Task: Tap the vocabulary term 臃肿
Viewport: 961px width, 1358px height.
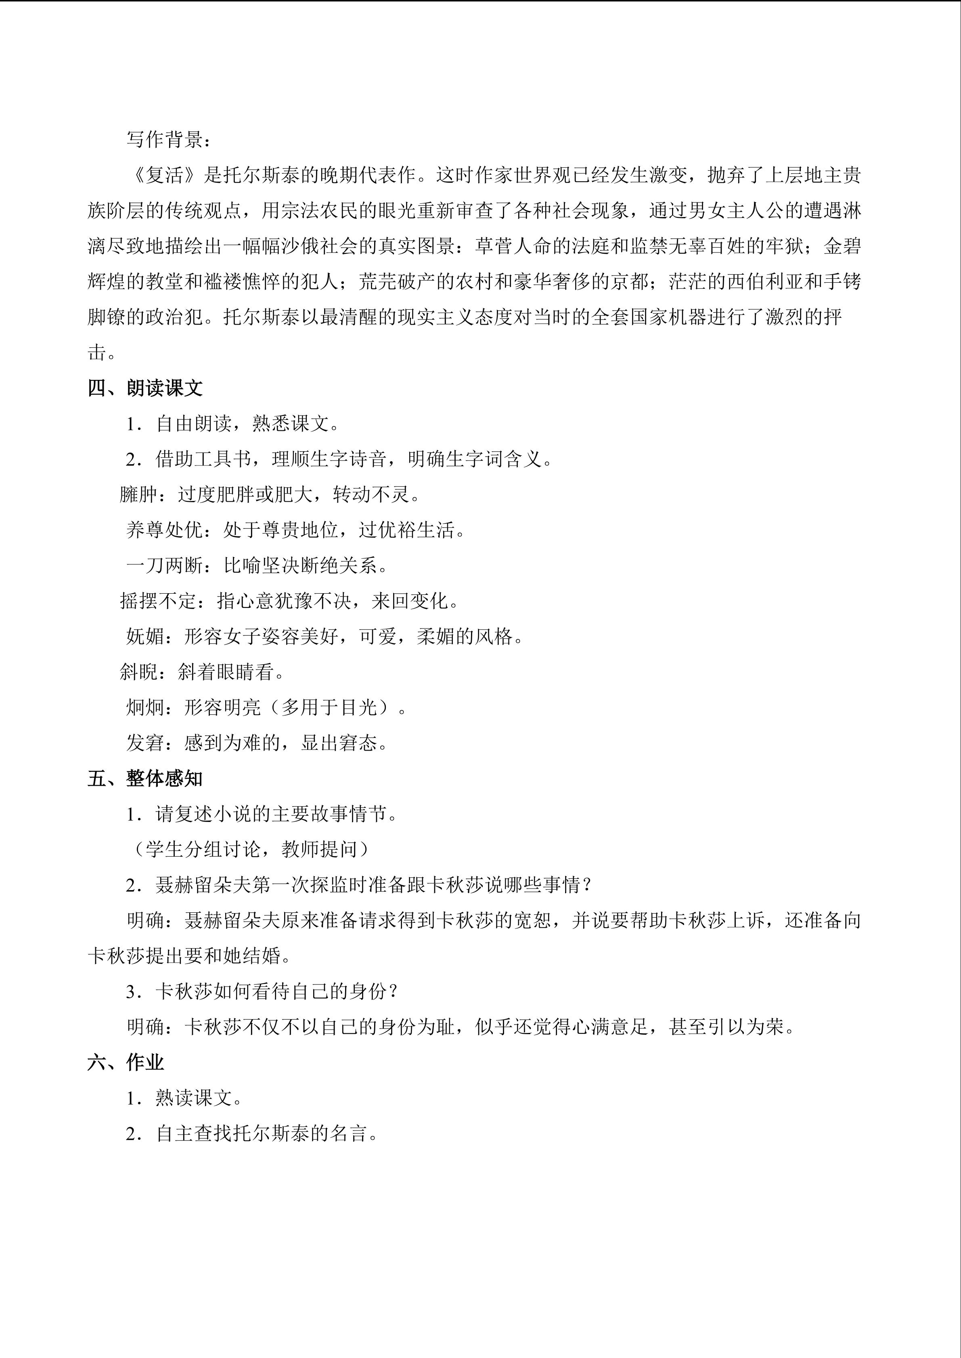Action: pyautogui.click(x=138, y=494)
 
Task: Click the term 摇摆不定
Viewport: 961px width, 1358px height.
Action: pyautogui.click(x=158, y=601)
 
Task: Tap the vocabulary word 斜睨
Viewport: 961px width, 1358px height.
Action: pyautogui.click(x=138, y=672)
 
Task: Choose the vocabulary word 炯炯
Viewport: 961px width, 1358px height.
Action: pyautogui.click(x=145, y=707)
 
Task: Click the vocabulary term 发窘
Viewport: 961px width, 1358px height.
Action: pyautogui.click(x=145, y=743)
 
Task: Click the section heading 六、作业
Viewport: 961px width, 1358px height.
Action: pyautogui.click(x=126, y=1062)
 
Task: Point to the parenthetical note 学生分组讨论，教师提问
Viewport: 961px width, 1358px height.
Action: pyautogui.click(x=249, y=849)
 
